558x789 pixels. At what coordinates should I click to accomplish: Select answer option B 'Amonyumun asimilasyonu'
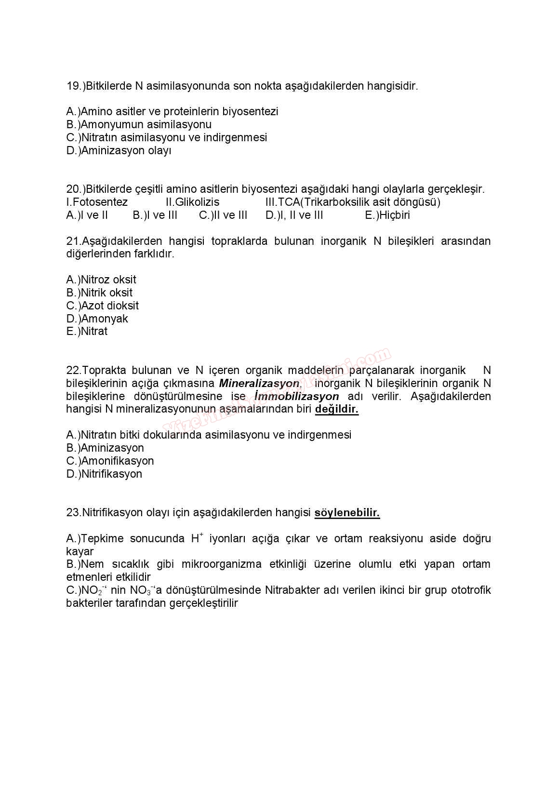[139, 125]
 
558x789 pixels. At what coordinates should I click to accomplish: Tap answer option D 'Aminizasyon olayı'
[119, 151]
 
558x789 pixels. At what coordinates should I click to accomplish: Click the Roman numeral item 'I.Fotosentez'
[97, 202]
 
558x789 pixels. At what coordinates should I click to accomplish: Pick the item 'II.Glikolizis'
[192, 202]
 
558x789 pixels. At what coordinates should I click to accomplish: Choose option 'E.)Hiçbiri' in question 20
[387, 215]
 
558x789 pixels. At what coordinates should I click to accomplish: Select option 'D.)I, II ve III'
[294, 215]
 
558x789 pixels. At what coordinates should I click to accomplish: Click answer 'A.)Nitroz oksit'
[101, 280]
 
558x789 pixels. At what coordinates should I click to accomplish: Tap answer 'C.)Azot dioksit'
[102, 306]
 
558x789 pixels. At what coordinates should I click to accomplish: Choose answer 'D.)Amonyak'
[97, 319]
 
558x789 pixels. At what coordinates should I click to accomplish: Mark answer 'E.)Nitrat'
[87, 332]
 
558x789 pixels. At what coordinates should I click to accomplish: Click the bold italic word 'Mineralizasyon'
[259, 384]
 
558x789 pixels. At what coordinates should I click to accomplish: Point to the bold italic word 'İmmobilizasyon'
[297, 397]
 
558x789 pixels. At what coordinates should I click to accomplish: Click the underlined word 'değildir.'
[337, 410]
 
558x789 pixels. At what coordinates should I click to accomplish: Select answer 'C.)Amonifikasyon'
[110, 461]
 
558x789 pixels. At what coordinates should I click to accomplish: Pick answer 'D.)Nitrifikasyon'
[104, 474]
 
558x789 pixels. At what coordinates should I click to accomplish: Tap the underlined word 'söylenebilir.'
[347, 513]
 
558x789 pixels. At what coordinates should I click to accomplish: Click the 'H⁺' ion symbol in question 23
[197, 538]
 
